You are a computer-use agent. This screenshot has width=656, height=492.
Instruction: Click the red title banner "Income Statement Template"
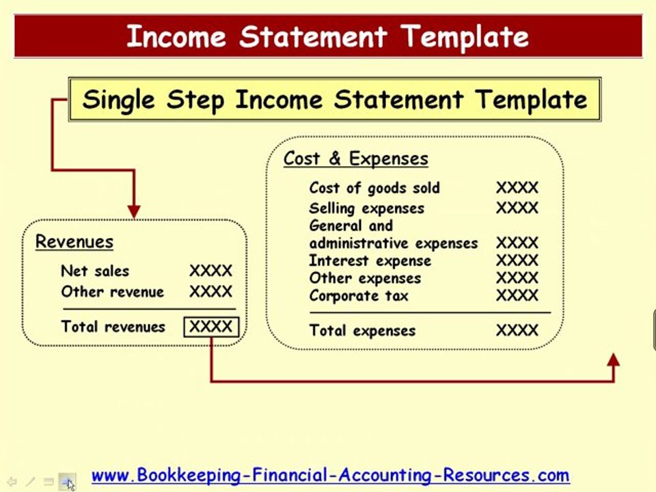[328, 36]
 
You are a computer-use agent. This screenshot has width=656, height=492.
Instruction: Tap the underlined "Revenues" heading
[74, 242]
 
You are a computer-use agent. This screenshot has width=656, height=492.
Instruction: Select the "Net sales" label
[95, 271]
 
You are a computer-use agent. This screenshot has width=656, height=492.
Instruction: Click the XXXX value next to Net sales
[210, 271]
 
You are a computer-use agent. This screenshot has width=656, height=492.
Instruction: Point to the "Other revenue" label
[113, 292]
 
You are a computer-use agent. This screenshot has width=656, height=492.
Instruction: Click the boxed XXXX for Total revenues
[211, 327]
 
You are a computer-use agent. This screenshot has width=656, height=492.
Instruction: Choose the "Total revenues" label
[113, 327]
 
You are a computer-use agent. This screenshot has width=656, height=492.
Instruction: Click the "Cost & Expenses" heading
[356, 159]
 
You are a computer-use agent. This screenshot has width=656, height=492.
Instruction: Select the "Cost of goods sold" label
[374, 188]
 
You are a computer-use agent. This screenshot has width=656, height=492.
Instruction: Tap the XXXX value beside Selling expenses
[517, 208]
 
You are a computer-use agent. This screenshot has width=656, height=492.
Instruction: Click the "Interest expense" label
[370, 260]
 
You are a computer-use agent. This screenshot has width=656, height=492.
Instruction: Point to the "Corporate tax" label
[359, 296]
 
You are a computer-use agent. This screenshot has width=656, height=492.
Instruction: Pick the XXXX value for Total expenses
[517, 331]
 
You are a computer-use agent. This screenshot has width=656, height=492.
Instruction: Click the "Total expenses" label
[362, 331]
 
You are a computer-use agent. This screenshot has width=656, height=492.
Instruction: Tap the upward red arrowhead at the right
[613, 360]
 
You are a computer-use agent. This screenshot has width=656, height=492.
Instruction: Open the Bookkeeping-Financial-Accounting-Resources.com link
[330, 475]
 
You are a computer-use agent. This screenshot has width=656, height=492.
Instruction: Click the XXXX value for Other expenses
[517, 278]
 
